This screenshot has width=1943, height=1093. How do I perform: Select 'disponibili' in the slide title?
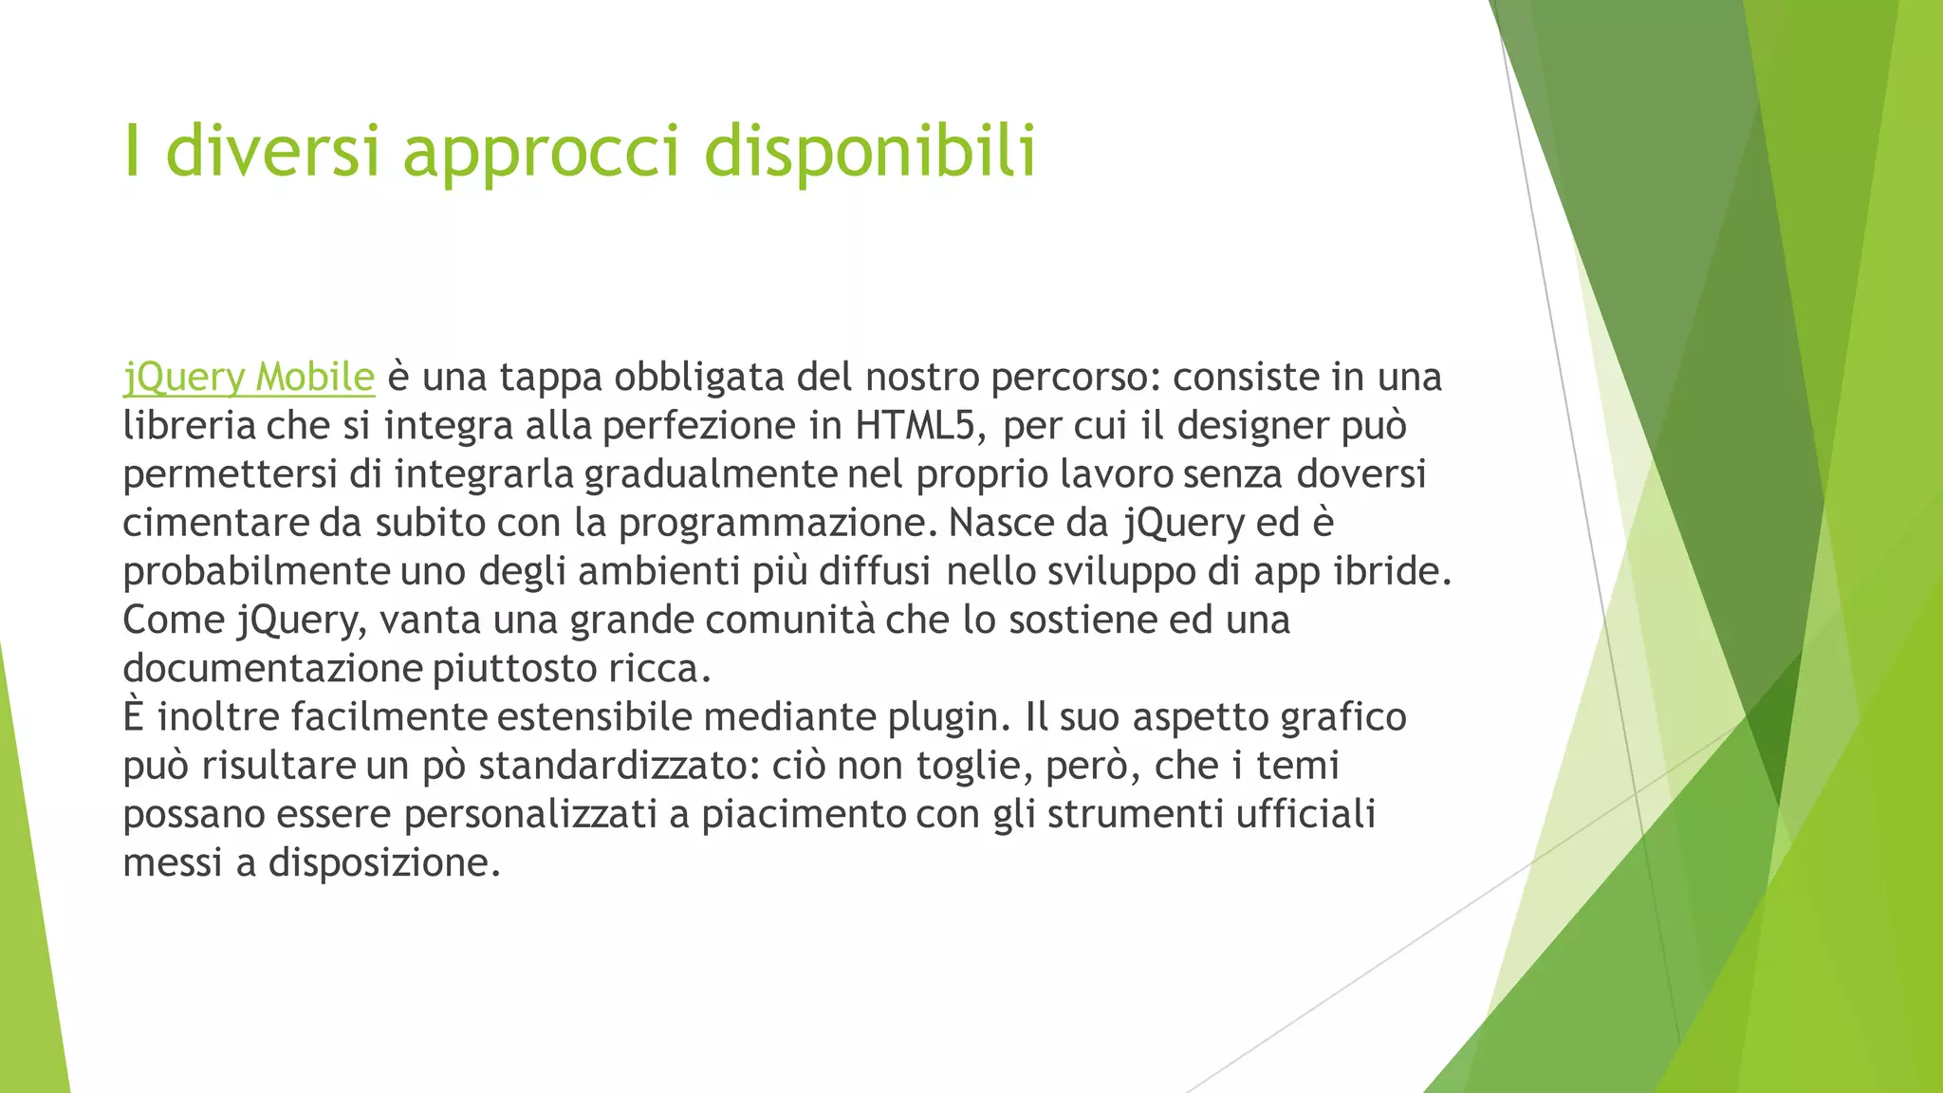[870, 152]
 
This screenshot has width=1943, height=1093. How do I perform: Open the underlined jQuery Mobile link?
[249, 378]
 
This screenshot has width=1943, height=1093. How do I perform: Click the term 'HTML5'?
[915, 426]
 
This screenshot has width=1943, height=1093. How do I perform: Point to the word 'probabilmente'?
[256, 572]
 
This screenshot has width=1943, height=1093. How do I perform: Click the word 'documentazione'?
[272, 669]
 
